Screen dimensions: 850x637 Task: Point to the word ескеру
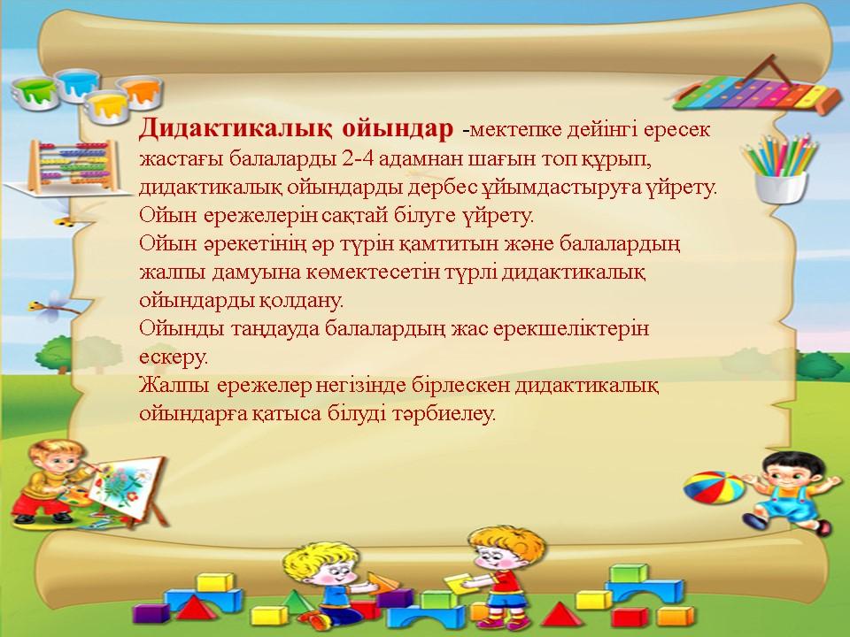coord(174,357)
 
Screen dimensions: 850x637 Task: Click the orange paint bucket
coord(140,91)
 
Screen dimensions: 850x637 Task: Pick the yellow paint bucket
coord(107,107)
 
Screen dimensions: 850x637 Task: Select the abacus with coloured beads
coord(72,165)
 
